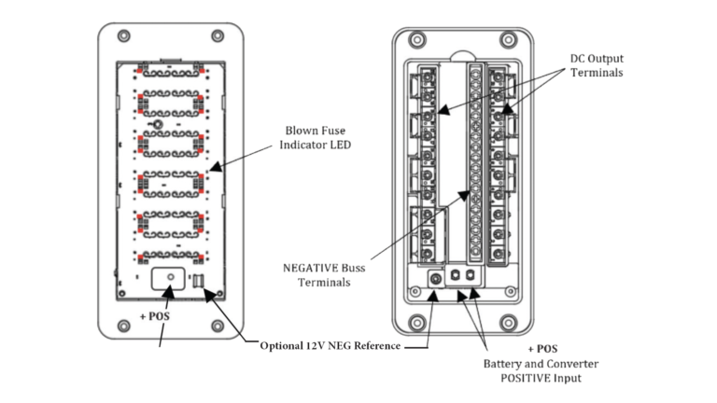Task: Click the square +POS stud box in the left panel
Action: click(169, 279)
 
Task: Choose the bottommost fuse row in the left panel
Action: click(169, 257)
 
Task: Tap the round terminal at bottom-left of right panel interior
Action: click(435, 278)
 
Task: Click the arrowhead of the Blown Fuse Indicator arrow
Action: click(211, 169)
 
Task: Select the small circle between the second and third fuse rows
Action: click(159, 123)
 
